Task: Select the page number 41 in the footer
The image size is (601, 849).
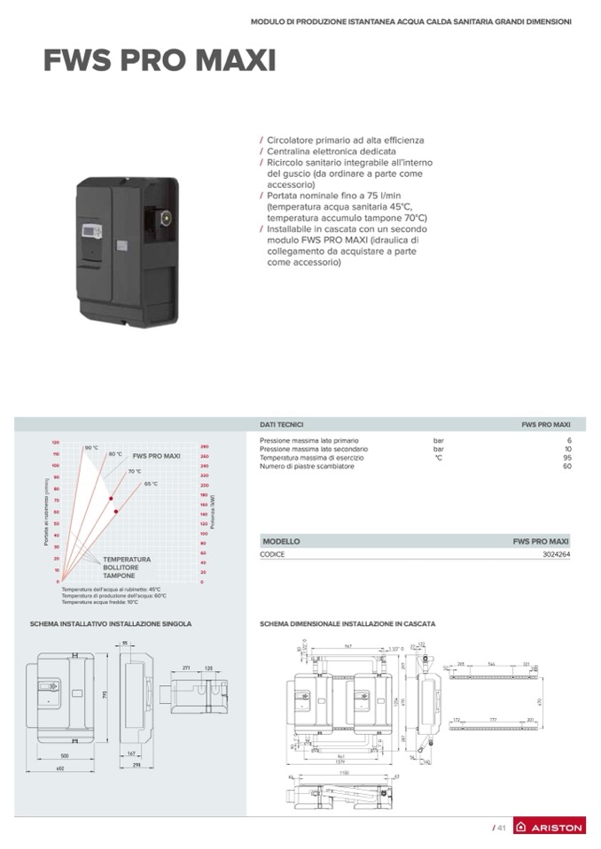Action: pos(499,827)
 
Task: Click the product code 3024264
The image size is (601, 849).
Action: pos(556,554)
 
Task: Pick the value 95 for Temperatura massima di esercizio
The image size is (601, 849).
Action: pos(567,458)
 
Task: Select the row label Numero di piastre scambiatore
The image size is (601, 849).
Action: pos(307,466)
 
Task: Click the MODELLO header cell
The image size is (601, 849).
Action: pos(281,541)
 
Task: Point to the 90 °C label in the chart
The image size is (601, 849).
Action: pos(90,448)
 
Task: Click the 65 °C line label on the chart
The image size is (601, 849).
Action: pos(151,483)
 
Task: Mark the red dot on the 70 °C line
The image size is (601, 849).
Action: pos(112,499)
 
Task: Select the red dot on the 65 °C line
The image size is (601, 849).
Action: pos(116,512)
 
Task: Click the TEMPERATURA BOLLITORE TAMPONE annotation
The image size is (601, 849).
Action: pos(126,567)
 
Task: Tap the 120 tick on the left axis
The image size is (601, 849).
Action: pos(54,442)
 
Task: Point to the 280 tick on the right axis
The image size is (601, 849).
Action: pos(205,446)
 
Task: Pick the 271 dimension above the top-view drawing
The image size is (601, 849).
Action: pos(186,668)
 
